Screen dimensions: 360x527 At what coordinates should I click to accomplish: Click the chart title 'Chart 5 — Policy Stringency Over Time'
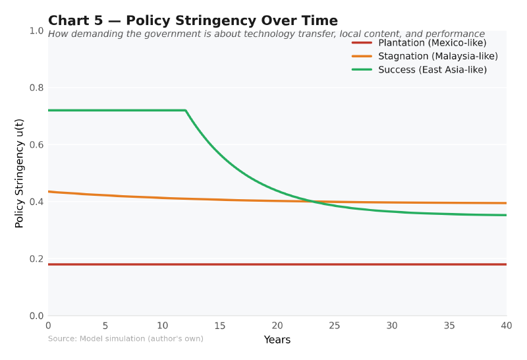pos(192,21)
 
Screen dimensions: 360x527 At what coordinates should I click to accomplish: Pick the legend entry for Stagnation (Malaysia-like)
pos(437,56)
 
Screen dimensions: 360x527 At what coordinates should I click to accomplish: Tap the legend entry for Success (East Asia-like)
pos(432,69)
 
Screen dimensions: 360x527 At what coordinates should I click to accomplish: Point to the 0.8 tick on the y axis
pos(36,88)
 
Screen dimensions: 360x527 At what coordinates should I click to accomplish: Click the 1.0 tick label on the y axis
pos(36,31)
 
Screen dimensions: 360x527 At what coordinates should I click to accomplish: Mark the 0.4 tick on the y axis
pos(36,202)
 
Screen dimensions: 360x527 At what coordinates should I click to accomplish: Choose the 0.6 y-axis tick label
pos(36,145)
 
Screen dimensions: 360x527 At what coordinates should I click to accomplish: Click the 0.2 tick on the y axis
pos(36,259)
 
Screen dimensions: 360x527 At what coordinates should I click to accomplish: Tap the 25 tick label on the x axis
pos(335,326)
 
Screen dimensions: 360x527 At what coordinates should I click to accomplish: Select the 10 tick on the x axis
pos(163,326)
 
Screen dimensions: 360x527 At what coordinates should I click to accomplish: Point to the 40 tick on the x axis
pos(507,326)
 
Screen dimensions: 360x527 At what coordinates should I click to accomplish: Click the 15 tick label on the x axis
pos(220,326)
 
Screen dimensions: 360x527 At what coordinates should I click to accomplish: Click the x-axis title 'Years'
pos(277,340)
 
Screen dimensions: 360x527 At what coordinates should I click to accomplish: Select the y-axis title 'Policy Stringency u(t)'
pos(20,173)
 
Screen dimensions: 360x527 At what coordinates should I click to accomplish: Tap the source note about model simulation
pos(125,339)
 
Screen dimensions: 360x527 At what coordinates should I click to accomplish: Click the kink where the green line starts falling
pos(186,110)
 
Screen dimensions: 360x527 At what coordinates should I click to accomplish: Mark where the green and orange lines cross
pos(312,201)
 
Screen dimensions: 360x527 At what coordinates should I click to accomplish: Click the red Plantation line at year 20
pos(277,264)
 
